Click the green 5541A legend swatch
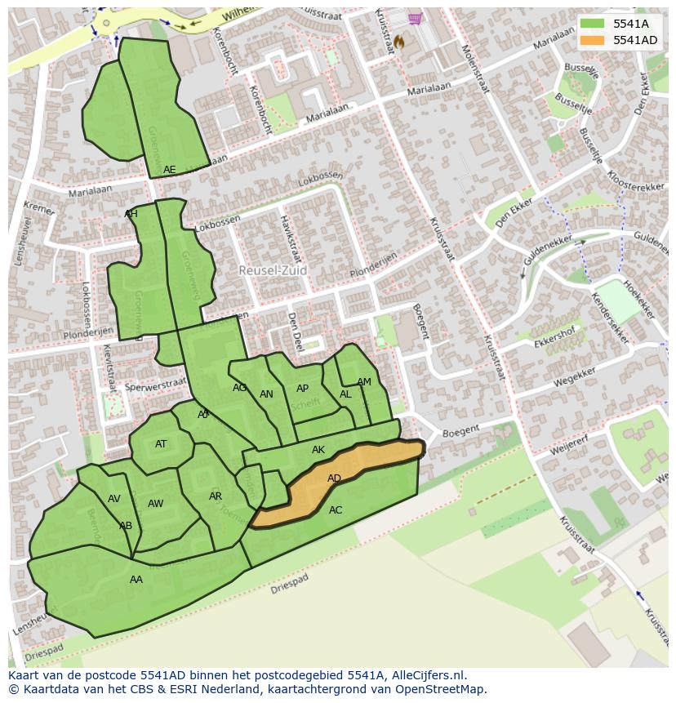coord(593,24)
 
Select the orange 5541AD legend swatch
coord(593,40)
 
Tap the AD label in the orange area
coord(334,478)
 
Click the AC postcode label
coord(336,510)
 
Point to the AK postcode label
coord(318,450)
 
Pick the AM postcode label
coord(364,382)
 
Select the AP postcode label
coord(302,389)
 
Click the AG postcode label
coord(239,388)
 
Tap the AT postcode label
coord(161,444)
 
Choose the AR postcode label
coord(216,496)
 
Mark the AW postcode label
coord(155,504)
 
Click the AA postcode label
coord(136,580)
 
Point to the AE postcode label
coord(169,170)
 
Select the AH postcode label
coord(131,214)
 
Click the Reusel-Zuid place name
coord(273,269)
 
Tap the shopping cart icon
coord(416,19)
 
